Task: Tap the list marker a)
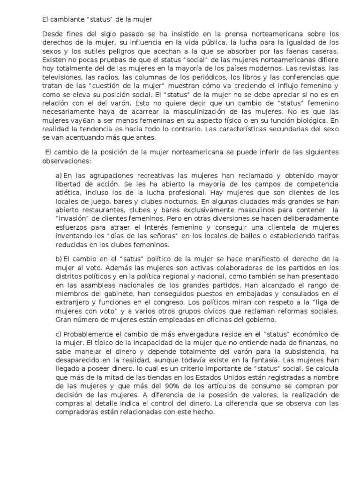click(59, 175)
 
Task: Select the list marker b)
click(59, 259)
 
